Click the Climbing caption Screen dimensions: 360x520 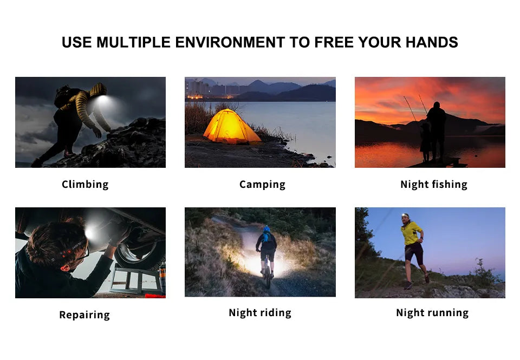pos(85,184)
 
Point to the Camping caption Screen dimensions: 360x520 pos(262,185)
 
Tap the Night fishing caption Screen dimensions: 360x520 pos(433,185)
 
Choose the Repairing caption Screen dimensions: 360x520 pos(84,315)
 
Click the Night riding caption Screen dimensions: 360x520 pos(260,313)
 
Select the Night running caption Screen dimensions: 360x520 pos(432,313)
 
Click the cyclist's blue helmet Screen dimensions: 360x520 pos(266,229)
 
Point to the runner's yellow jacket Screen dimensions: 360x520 pos(411,233)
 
